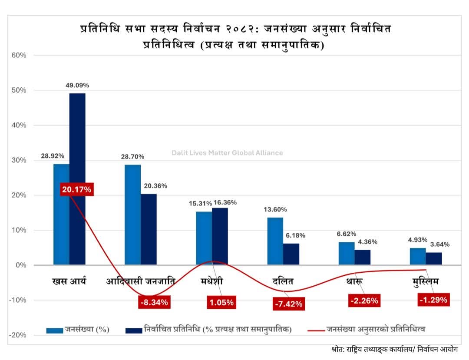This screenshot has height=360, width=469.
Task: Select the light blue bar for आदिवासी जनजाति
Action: pyautogui.click(x=132, y=215)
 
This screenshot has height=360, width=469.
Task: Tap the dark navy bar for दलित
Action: pyautogui.click(x=291, y=254)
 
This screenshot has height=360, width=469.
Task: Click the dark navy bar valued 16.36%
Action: pyautogui.click(x=220, y=236)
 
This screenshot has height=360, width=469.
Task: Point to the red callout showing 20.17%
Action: pyautogui.click(x=76, y=189)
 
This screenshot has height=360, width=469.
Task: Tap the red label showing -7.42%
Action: pyautogui.click(x=288, y=304)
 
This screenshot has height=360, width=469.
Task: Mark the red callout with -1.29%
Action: pyautogui.click(x=433, y=300)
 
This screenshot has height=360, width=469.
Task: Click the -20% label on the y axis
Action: pyautogui.click(x=19, y=335)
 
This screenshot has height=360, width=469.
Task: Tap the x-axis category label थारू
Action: pyautogui.click(x=355, y=281)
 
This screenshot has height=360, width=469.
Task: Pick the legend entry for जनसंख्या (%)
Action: pyautogui.click(x=78, y=329)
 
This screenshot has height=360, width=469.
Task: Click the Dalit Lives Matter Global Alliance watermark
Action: pyautogui.click(x=227, y=153)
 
